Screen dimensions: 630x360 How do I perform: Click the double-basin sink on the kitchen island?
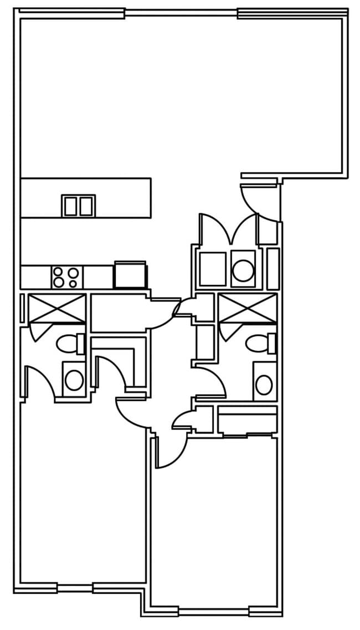point(78,206)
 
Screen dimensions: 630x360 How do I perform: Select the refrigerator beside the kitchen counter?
point(130,275)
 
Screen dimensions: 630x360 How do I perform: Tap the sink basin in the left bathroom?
point(74,380)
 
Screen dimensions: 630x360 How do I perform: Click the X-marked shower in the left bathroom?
point(56,308)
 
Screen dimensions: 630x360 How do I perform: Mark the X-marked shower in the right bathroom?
point(247,309)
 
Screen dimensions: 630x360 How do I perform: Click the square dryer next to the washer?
point(213,269)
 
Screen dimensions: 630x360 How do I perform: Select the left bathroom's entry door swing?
point(39,382)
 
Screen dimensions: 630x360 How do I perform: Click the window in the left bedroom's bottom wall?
point(75,587)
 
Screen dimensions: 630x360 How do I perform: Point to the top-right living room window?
point(292,13)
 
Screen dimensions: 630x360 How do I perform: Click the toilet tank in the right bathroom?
point(271,344)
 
